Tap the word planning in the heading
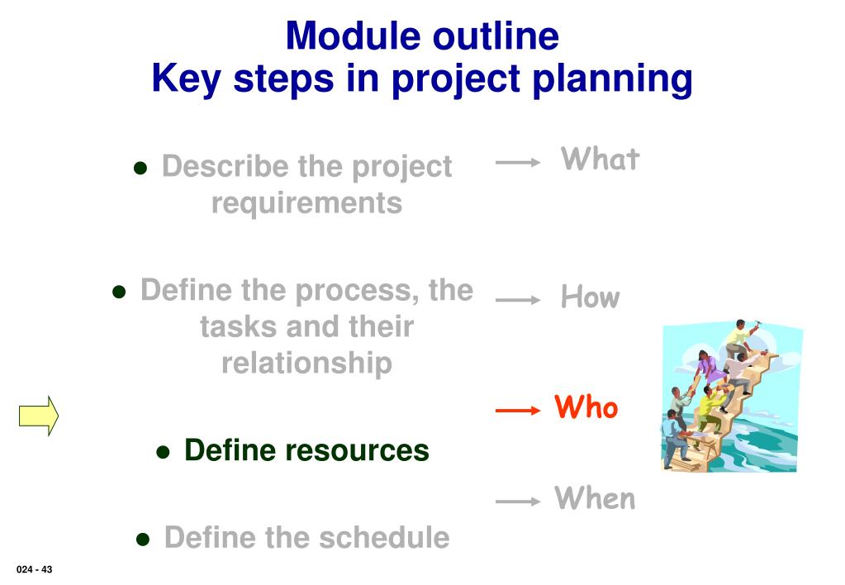tap(612, 80)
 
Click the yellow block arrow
tap(39, 416)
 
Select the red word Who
tap(586, 407)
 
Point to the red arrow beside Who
tap(518, 411)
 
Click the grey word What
tap(601, 159)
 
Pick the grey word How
tap(591, 297)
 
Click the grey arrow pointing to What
tap(518, 162)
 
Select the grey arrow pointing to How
tap(518, 300)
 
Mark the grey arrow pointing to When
tap(518, 502)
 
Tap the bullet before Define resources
tap(163, 452)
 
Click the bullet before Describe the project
tap(140, 169)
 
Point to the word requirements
tap(306, 204)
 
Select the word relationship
tap(306, 363)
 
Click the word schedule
tap(384, 538)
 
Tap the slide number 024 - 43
tap(35, 569)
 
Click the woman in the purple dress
tap(706, 367)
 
